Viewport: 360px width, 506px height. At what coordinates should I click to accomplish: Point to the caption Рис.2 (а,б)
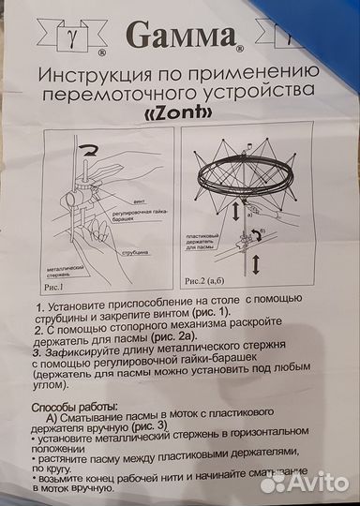tap(211, 279)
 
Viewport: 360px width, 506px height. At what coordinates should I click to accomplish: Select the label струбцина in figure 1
tap(134, 253)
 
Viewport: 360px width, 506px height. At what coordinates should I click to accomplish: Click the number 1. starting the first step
tap(39, 305)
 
